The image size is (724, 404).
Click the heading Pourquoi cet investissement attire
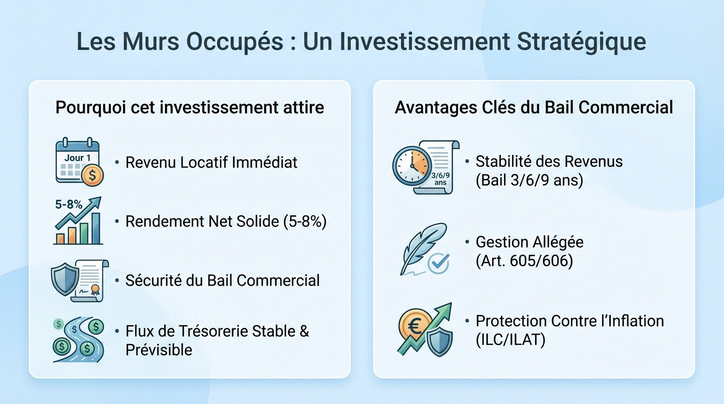coord(189,107)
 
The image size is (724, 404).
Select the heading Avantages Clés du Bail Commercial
coord(534,107)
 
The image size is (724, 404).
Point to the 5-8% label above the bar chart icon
coord(69,205)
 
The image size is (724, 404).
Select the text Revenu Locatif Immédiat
coord(211,162)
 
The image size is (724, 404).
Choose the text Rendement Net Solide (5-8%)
coord(226,221)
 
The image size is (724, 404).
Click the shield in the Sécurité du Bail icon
coord(64,278)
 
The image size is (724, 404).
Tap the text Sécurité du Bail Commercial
coord(222,280)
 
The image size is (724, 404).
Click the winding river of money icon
coord(78,339)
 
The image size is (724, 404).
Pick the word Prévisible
coord(158,349)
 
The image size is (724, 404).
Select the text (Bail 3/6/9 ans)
coord(529,180)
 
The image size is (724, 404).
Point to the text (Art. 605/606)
coord(524,260)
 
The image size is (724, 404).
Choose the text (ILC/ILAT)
coord(510,339)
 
